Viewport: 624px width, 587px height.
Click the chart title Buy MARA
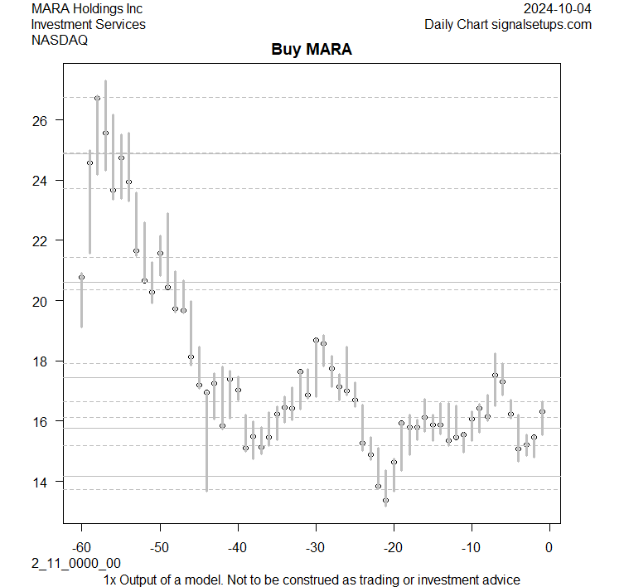click(x=312, y=50)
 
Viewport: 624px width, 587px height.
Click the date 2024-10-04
click(x=558, y=9)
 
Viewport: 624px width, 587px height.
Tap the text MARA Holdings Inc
click(x=86, y=9)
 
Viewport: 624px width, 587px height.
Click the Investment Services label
click(x=88, y=25)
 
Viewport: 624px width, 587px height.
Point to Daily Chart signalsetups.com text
click(x=508, y=25)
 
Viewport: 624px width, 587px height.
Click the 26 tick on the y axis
click(x=41, y=121)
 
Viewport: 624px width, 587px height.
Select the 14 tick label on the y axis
click(x=41, y=482)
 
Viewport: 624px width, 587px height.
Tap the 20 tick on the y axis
click(x=41, y=301)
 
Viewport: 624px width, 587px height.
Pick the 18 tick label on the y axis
click(x=41, y=361)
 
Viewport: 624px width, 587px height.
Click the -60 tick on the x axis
click(x=81, y=546)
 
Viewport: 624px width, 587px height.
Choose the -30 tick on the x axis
click(x=315, y=546)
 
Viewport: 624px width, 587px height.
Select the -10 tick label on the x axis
click(x=471, y=546)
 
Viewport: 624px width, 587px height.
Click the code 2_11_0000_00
click(x=76, y=564)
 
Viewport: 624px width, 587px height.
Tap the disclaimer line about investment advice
click(x=312, y=580)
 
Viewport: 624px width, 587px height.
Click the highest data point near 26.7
click(x=97, y=99)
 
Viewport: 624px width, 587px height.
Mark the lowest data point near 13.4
click(x=385, y=500)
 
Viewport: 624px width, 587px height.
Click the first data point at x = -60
click(x=81, y=277)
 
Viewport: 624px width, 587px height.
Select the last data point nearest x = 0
click(x=542, y=411)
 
